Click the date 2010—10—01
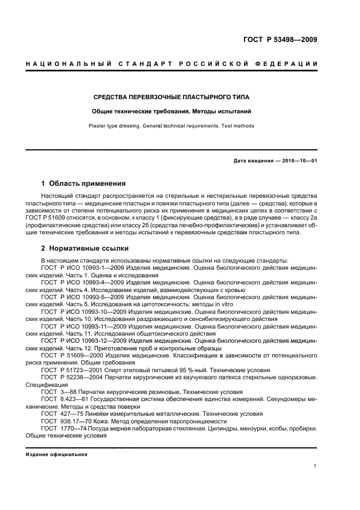[300, 161]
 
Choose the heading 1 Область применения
[83, 184]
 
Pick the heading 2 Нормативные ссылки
[85, 248]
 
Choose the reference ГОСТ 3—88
[58, 392]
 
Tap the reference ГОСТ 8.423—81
[63, 399]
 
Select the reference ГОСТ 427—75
[60, 414]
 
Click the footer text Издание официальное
[57, 454]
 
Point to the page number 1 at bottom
[315, 466]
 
